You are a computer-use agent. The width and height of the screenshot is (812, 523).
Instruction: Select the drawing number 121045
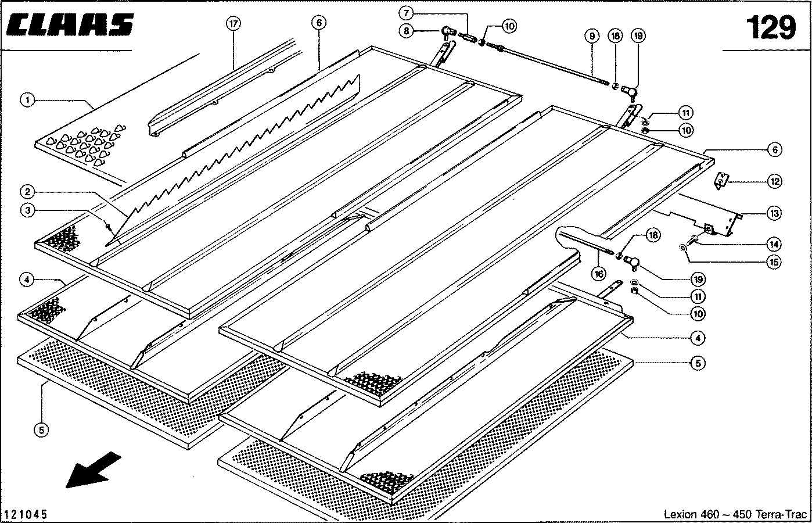pos(25,515)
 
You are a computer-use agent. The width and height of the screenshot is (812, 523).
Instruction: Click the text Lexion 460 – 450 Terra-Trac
pos(735,515)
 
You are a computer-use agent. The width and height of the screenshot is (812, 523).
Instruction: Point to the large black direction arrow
pos(93,469)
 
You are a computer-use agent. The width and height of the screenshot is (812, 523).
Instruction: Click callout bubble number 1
pos(27,100)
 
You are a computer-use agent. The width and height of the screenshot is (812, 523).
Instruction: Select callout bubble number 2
pos(27,192)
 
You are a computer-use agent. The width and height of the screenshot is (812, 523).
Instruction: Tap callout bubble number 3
pos(27,210)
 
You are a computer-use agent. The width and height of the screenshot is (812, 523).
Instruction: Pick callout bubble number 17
pos(233,24)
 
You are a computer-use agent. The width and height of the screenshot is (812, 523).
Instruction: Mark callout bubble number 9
pos(591,36)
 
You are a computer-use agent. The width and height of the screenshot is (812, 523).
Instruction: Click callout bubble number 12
pos(774,181)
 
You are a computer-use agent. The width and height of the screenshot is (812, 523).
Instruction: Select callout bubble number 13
pos(774,213)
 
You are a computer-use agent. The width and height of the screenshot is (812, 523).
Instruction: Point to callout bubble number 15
pos(774,262)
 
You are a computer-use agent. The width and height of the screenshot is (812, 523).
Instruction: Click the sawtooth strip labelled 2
pos(244,145)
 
